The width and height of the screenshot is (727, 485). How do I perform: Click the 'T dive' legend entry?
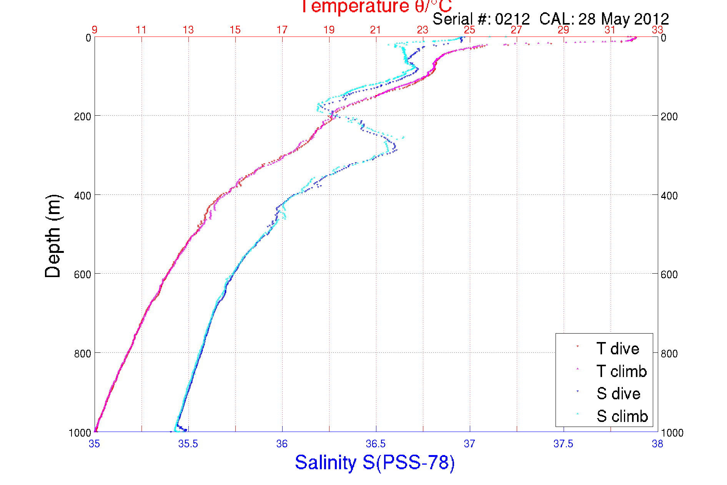point(617,349)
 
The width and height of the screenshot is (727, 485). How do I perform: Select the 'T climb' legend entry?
point(621,371)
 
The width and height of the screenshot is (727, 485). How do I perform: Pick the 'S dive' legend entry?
point(618,394)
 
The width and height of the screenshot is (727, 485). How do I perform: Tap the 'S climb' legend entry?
point(622,416)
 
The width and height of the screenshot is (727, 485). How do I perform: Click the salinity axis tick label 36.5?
point(376,444)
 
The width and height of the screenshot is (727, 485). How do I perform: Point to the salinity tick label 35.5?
point(188,444)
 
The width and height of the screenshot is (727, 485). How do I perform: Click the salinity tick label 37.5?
point(563,444)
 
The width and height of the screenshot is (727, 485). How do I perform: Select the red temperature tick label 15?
point(235,30)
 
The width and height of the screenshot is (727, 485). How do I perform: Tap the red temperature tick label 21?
point(376,30)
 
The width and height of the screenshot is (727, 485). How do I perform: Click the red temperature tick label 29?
point(563,30)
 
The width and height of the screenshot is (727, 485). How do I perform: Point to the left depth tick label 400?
point(82,196)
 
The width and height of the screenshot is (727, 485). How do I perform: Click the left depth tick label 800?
point(82,354)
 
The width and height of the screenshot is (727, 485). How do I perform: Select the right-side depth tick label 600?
point(669,274)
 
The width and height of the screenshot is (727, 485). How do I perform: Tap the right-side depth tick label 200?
point(669,116)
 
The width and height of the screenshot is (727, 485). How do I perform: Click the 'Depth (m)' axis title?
point(53,236)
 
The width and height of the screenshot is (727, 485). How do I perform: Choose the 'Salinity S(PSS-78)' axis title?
point(375,462)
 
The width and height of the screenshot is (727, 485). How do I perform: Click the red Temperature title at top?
point(376,6)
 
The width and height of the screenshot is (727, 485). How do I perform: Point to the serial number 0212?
point(512,19)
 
